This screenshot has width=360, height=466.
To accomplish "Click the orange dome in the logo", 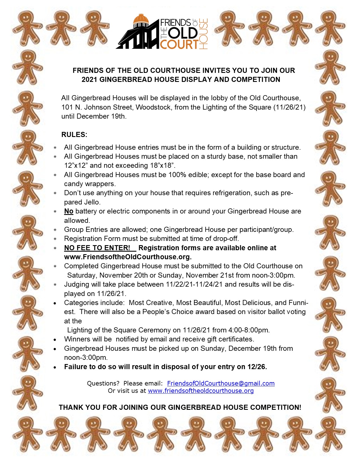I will pos(141,19).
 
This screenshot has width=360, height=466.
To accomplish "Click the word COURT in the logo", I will pos(179,44).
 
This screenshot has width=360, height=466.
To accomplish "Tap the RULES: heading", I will pos(74,134).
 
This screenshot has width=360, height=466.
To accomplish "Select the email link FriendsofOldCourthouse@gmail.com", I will pos(221,383).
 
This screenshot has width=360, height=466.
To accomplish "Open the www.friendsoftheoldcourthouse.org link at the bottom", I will pos(201,391).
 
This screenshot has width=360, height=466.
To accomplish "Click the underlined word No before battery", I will pos(69,211).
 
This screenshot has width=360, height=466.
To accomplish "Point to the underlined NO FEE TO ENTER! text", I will pos(97,248).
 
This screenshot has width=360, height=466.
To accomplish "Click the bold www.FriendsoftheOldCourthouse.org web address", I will pos(128,257).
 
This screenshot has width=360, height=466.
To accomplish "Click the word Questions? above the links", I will pos(103,383).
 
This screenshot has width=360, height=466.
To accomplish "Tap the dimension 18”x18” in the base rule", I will pos(162,166).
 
